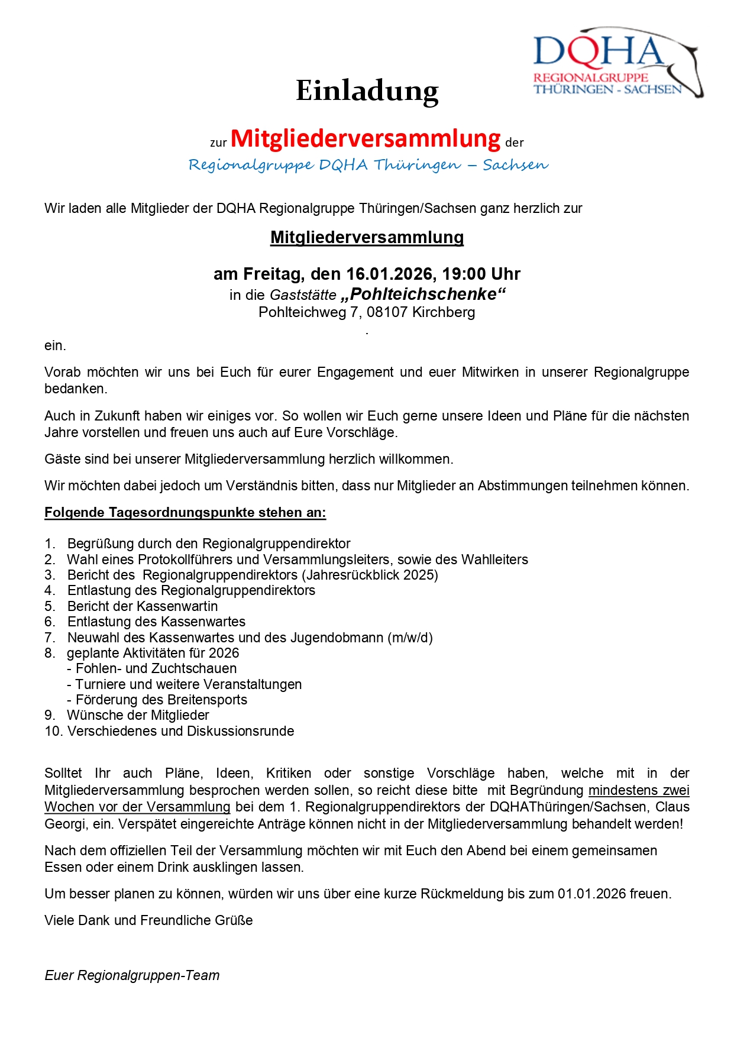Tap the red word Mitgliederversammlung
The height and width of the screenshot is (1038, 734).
coord(366,138)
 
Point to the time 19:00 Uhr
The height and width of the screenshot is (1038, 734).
coord(481,274)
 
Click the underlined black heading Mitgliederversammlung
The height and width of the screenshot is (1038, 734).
coord(367,237)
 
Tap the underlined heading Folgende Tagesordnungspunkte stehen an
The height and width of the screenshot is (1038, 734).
coord(185,512)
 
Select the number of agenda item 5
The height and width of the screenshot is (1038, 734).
coord(50,606)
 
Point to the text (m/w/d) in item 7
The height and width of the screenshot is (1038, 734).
coord(410,638)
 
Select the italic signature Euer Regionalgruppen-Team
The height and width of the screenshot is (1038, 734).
coord(132,975)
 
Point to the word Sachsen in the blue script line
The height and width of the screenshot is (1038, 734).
coord(515,165)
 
